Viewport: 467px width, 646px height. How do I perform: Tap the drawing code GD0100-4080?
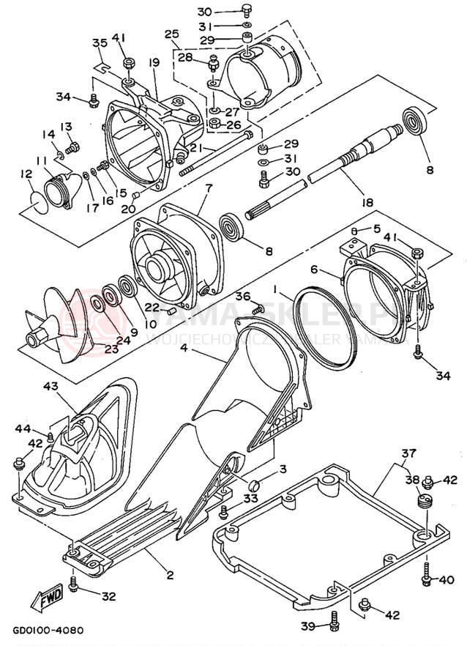pyautogui.click(x=48, y=629)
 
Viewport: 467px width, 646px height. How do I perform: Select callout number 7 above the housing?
pyautogui.click(x=209, y=188)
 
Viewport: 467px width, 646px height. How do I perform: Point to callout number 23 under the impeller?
pyautogui.click(x=110, y=350)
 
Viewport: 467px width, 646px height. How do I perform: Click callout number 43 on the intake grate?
pyautogui.click(x=51, y=386)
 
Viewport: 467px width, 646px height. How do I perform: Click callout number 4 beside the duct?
pyautogui.click(x=184, y=350)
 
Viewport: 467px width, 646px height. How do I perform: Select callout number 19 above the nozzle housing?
pyautogui.click(x=154, y=63)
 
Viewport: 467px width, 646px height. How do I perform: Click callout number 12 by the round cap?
pyautogui.click(x=26, y=174)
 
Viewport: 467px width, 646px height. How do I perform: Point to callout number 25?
pyautogui.click(x=172, y=34)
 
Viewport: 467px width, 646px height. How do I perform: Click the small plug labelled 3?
pyautogui.click(x=255, y=484)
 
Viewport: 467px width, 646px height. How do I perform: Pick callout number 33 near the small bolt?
pyautogui.click(x=250, y=499)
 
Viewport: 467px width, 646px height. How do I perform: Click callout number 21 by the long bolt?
pyautogui.click(x=195, y=149)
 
